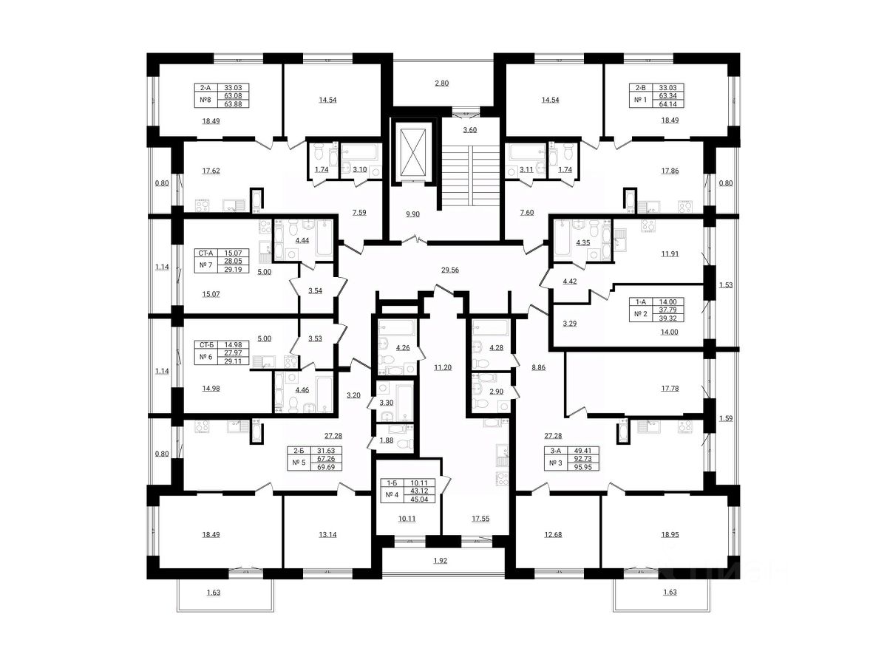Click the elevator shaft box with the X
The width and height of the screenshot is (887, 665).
pyautogui.click(x=413, y=151)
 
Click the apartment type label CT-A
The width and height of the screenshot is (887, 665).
pyautogui.click(x=205, y=253)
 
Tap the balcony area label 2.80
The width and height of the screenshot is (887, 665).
pyautogui.click(x=441, y=83)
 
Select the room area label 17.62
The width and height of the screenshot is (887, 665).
pyautogui.click(x=211, y=171)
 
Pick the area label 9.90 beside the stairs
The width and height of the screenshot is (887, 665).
pyautogui.click(x=413, y=214)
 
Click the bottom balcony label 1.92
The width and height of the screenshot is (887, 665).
pyautogui.click(x=441, y=562)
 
